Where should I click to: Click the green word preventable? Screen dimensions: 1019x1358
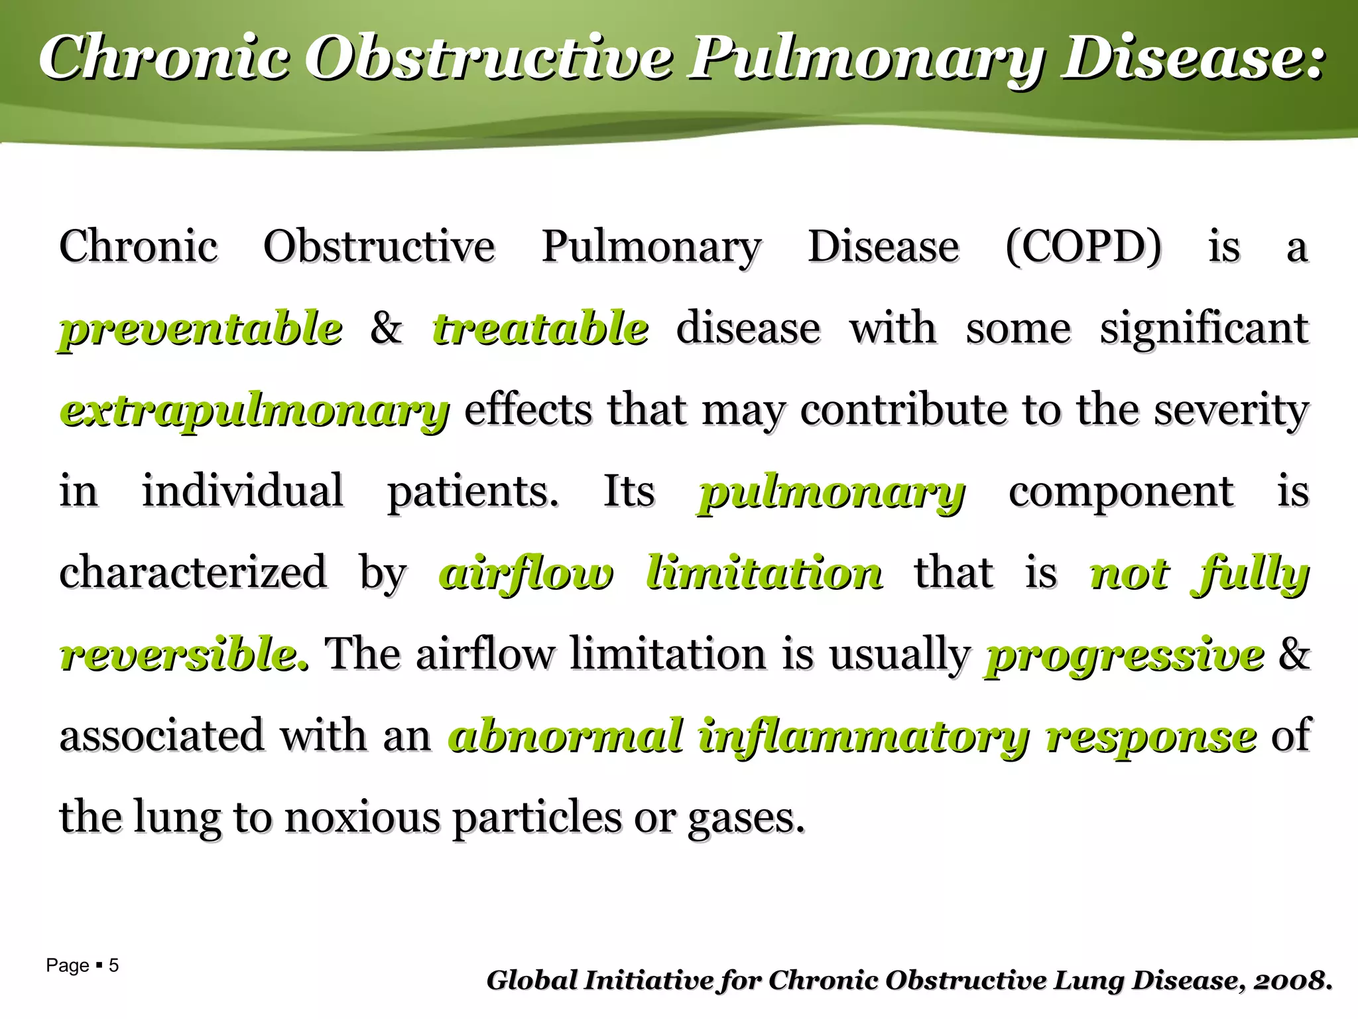(x=201, y=329)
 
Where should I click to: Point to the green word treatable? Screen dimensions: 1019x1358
(x=540, y=329)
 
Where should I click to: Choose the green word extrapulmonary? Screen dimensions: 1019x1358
(x=255, y=411)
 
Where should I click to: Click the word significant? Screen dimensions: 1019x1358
(x=1204, y=329)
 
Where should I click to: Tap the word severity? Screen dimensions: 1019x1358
(x=1231, y=411)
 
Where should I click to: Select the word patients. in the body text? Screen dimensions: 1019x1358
(x=473, y=492)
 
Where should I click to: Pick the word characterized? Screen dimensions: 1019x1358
(x=193, y=573)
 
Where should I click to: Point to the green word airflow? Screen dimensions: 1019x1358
(x=526, y=574)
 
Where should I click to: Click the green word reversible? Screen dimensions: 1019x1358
(x=184, y=655)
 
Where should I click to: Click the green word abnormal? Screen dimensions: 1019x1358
(x=566, y=736)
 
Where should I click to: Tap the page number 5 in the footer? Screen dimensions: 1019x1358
(x=113, y=965)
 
